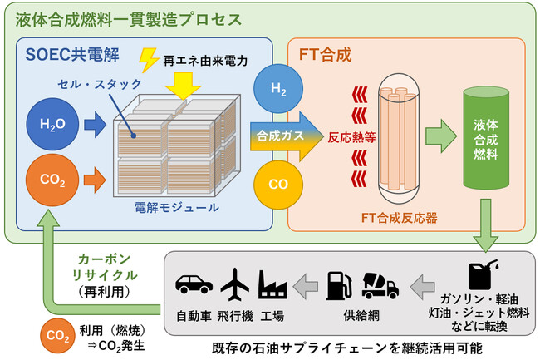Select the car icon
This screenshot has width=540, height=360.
[195, 284]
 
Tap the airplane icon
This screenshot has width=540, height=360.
[234, 284]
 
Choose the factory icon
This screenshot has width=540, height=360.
[273, 284]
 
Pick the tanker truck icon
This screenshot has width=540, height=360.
[380, 284]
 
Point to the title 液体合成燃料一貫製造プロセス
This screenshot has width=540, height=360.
[130, 17]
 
